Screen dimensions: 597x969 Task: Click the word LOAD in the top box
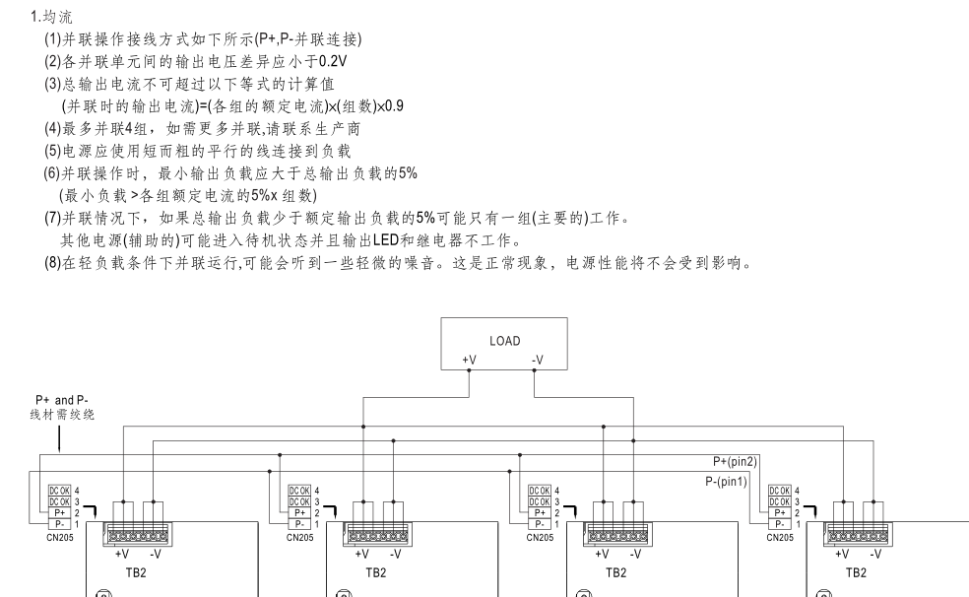tap(505, 340)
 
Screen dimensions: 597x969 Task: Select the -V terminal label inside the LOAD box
tap(536, 361)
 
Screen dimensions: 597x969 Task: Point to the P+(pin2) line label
tap(736, 460)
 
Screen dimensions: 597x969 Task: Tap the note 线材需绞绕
tap(61, 415)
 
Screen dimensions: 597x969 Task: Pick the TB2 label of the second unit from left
tap(375, 571)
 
